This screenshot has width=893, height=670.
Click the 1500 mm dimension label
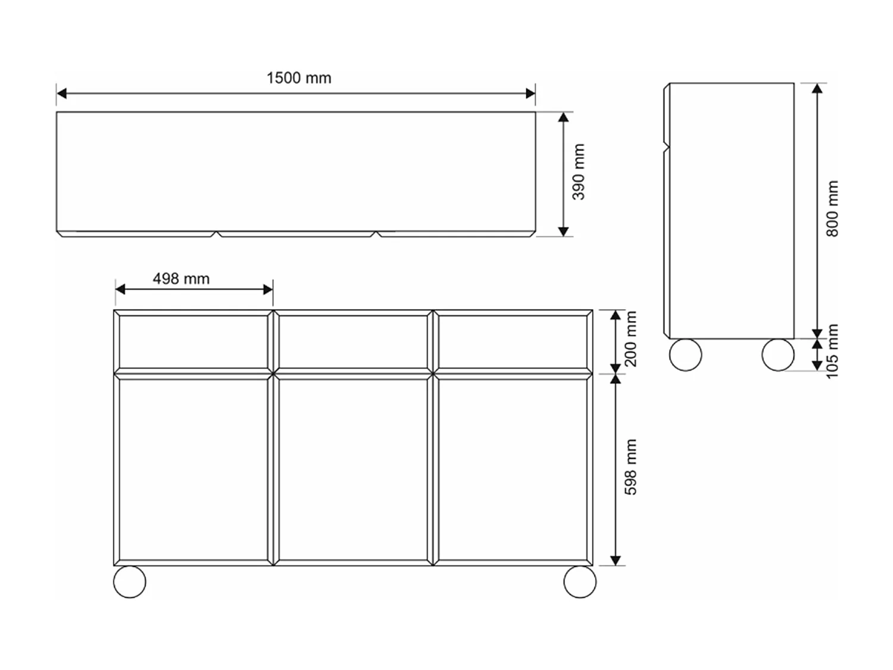click(x=298, y=78)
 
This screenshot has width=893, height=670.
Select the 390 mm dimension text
click(x=579, y=172)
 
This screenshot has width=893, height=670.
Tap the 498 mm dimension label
click(x=181, y=279)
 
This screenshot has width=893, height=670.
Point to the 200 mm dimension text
click(x=630, y=339)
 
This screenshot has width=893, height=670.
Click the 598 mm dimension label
click(x=630, y=467)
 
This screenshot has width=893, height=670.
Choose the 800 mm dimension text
click(x=832, y=208)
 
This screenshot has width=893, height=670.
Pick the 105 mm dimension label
click(x=832, y=351)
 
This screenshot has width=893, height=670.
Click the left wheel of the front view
click(x=129, y=581)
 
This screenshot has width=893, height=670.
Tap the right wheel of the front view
click(x=579, y=581)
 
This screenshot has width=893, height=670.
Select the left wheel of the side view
click(x=685, y=355)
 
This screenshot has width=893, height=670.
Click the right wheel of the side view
click(x=778, y=355)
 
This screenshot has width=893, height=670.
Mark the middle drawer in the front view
click(x=353, y=342)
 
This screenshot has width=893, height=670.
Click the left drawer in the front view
click(x=193, y=342)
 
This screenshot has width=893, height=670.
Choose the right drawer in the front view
click(x=513, y=342)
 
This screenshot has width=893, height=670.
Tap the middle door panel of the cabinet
click(x=353, y=469)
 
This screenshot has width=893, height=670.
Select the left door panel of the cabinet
click(x=193, y=469)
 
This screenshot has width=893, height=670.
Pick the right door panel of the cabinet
click(x=513, y=469)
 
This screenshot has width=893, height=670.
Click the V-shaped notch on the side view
click(x=667, y=147)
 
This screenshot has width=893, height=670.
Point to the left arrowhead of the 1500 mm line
click(x=61, y=94)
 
